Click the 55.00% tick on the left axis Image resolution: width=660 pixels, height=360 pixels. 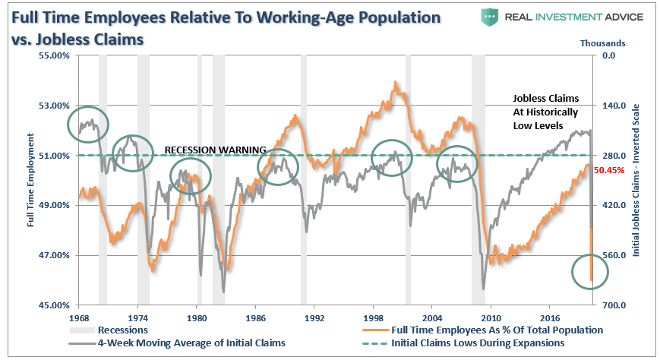(33, 55)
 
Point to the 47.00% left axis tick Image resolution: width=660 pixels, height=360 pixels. (33, 255)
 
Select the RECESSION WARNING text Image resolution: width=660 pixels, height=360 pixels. (215, 150)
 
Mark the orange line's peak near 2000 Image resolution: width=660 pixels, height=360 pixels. (396, 82)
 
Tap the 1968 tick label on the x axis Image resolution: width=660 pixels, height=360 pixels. (79, 317)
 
